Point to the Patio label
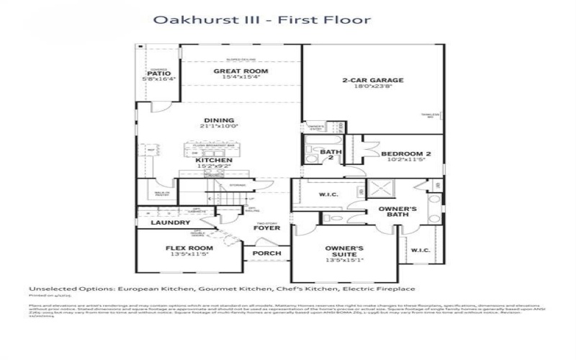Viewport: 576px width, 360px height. (x=158, y=73)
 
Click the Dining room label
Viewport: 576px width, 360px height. (x=219, y=120)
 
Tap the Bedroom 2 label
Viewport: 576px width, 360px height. (x=405, y=154)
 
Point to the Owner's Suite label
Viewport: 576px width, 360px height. (x=344, y=252)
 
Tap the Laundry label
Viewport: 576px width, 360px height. (x=170, y=223)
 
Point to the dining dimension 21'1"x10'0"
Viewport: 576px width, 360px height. (x=219, y=127)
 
